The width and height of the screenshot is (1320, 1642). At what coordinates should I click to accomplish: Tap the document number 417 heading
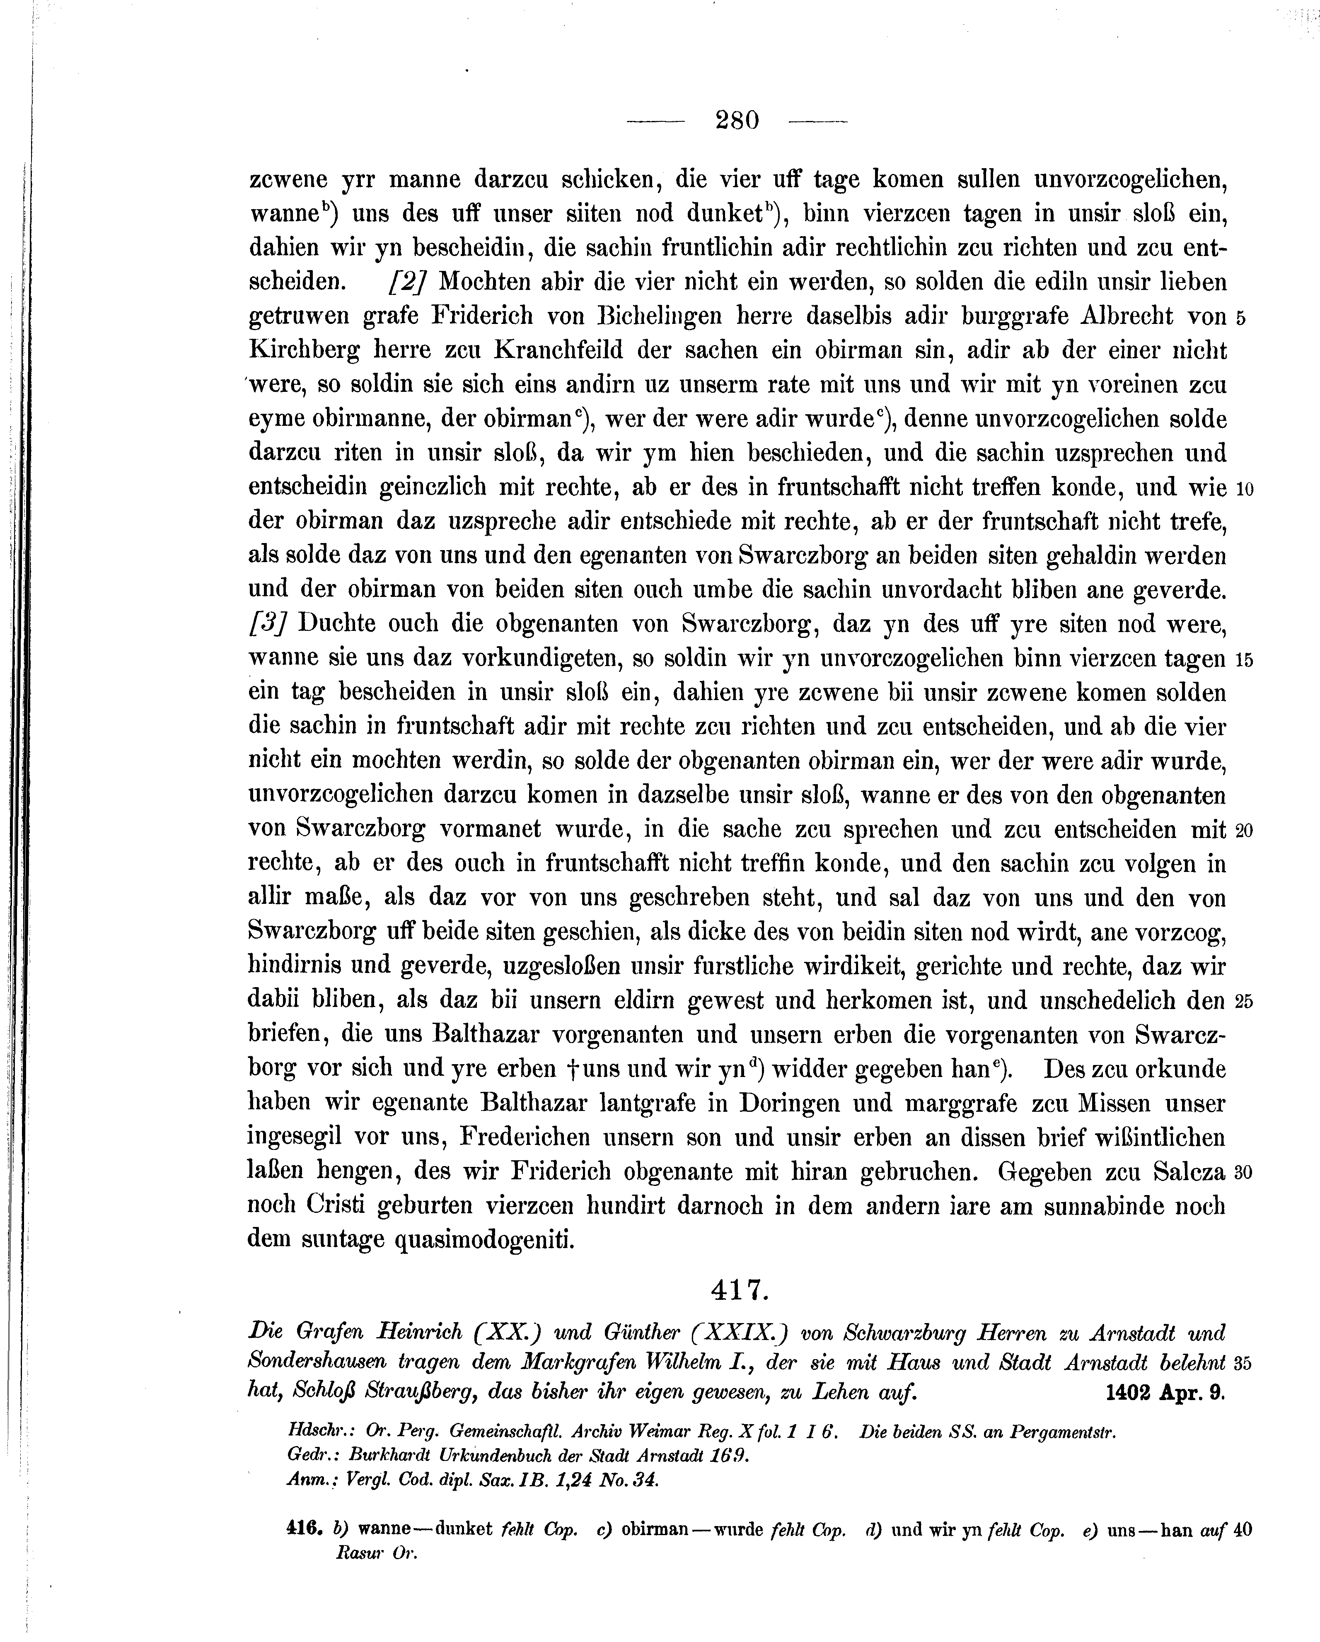(x=737, y=1289)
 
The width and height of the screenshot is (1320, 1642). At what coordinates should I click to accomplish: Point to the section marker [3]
(x=267, y=623)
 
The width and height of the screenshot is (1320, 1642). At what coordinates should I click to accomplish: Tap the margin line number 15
(x=1244, y=659)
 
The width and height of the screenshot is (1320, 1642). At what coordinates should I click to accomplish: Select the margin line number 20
(x=1244, y=830)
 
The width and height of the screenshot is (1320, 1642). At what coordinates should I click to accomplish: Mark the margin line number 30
(x=1244, y=1172)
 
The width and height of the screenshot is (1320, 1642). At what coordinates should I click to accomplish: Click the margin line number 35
(x=1244, y=1363)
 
